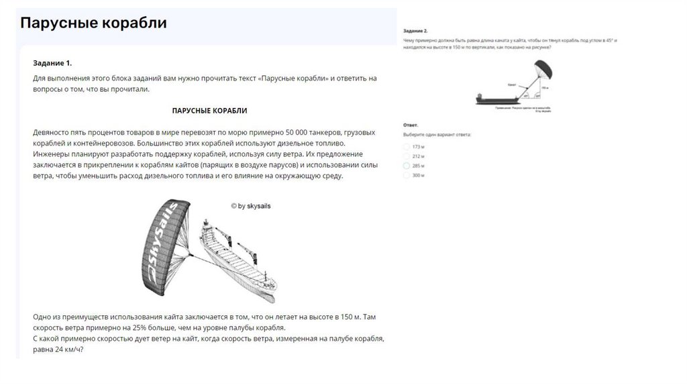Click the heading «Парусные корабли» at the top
pyautogui.click(x=93, y=23)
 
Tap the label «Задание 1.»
pyautogui.click(x=52, y=63)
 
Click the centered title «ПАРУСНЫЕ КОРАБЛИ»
pyautogui.click(x=214, y=110)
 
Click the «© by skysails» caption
pyautogui.click(x=251, y=207)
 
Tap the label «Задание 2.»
pyautogui.click(x=415, y=31)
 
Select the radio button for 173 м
pyautogui.click(x=407, y=146)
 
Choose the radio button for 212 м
pyautogui.click(x=407, y=156)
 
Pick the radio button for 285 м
pyautogui.click(x=407, y=165)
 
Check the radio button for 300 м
pyautogui.click(x=407, y=175)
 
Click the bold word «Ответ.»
pyautogui.click(x=411, y=125)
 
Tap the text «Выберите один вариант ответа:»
pyautogui.click(x=437, y=135)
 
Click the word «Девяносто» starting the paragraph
pyautogui.click(x=53, y=131)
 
